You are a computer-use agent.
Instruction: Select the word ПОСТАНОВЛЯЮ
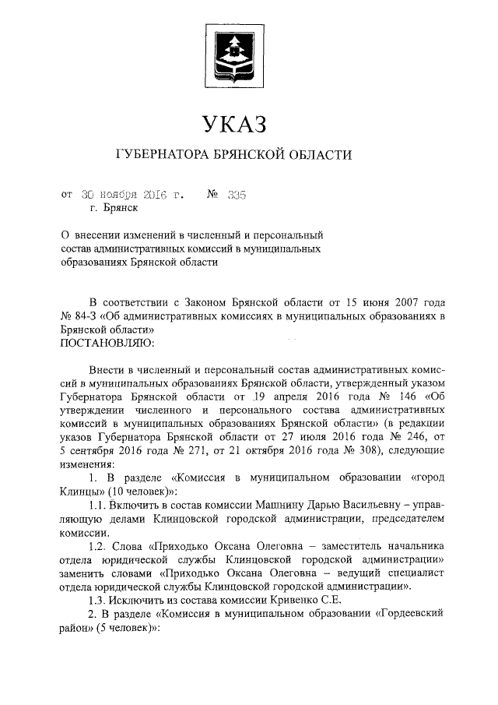[x=101, y=344]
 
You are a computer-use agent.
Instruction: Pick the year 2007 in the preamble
[x=389, y=302]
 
